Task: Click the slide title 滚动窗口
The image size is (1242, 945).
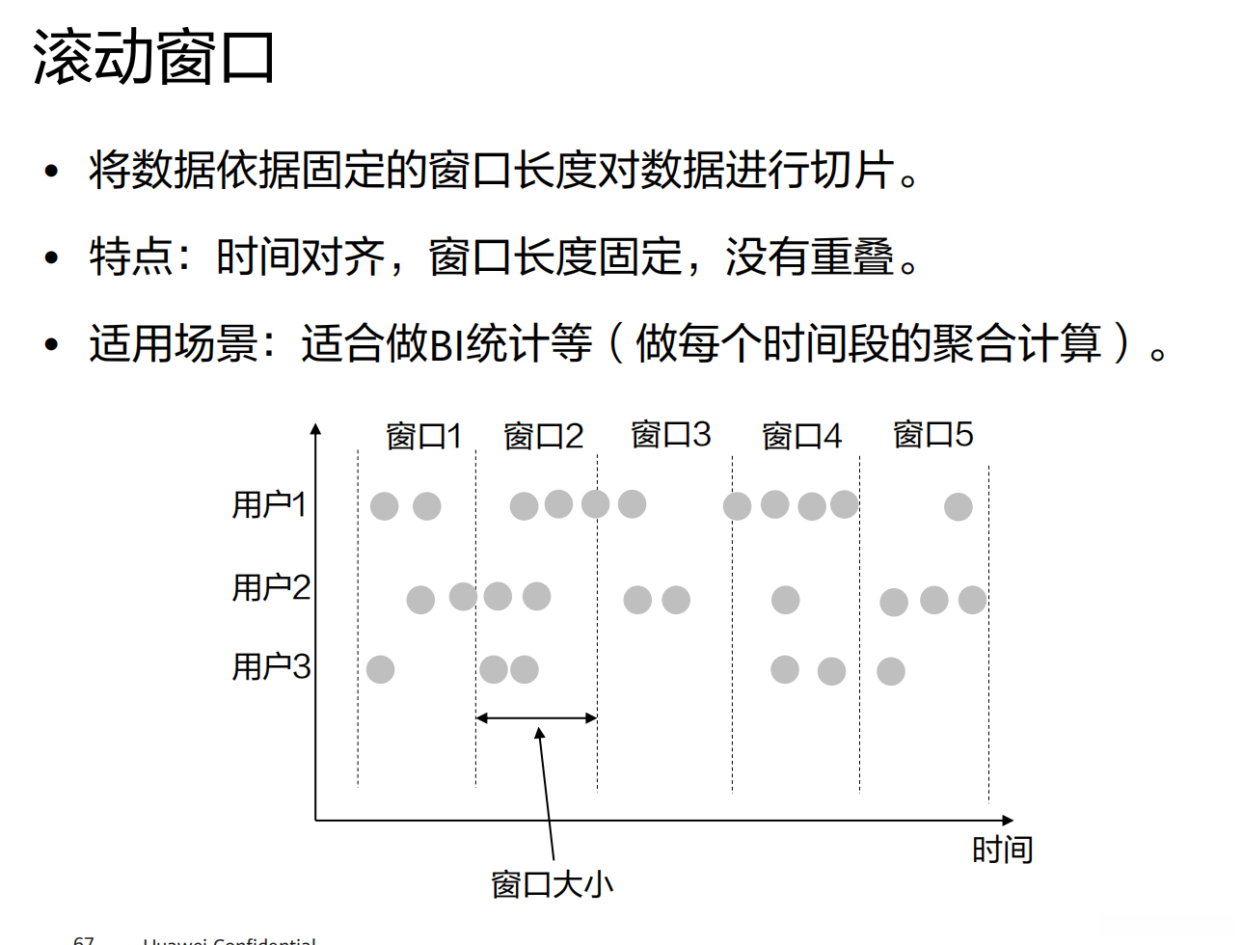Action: click(154, 58)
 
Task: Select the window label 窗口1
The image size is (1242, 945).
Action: click(423, 437)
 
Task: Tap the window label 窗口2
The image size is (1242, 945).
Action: click(543, 437)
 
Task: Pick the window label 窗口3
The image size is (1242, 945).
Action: click(670, 435)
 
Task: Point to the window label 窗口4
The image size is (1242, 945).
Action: click(801, 437)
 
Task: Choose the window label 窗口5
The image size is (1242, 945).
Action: click(932, 435)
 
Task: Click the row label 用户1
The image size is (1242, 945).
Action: click(269, 504)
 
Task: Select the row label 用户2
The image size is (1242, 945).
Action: click(271, 587)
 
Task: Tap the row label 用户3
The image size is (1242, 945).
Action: click(271, 666)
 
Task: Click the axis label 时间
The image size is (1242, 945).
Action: click(1002, 850)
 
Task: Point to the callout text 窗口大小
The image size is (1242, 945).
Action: click(552, 884)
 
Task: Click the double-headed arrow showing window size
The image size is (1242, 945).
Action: click(536, 717)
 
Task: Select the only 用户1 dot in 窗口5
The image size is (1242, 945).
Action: click(958, 506)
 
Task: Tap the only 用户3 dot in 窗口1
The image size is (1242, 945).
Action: click(380, 669)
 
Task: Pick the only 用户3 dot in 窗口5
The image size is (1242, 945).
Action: click(890, 671)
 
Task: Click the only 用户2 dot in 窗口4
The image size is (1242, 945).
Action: click(785, 600)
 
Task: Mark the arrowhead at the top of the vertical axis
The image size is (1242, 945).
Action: click(315, 430)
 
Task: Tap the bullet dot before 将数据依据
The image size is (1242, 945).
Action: click(51, 173)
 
